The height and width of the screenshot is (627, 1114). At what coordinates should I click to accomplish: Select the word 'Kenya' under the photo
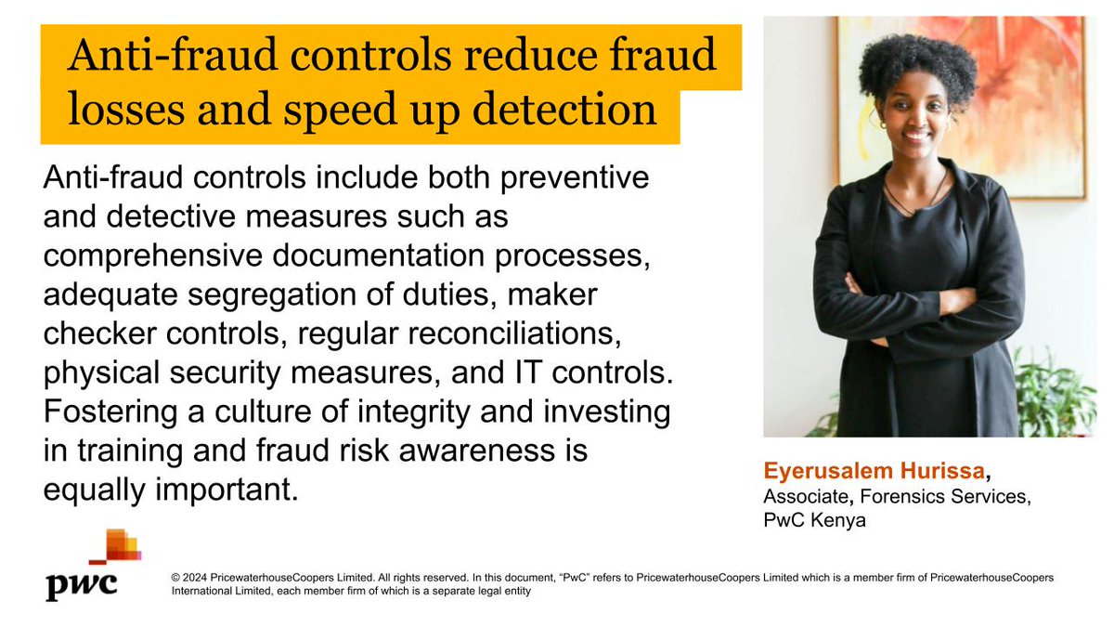[836, 520]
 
